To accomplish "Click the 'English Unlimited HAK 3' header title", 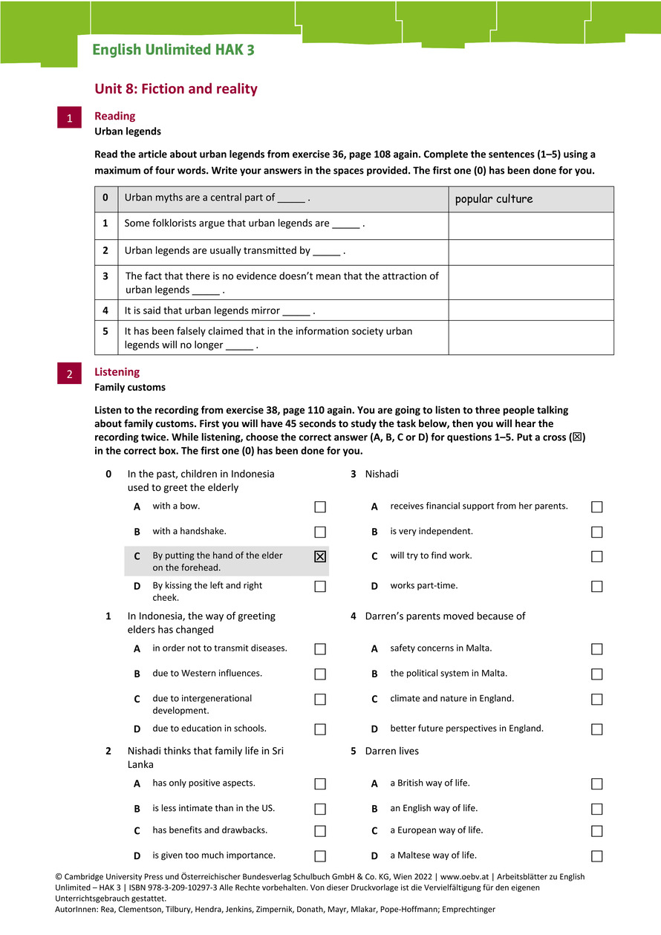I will (x=173, y=51).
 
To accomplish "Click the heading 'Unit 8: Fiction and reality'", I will (x=176, y=89).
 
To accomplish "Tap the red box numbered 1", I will (x=69, y=118).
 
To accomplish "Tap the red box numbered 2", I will (x=69, y=374).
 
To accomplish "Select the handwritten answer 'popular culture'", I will (x=494, y=199).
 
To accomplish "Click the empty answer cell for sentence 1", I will (x=531, y=226).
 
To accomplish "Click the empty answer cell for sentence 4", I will (x=531, y=310).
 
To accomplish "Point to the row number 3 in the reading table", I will (x=105, y=276).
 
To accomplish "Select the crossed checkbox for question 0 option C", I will (x=320, y=556).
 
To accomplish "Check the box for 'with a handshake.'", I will (x=320, y=532).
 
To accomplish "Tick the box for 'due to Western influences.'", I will (x=320, y=674).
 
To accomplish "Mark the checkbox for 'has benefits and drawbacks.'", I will (x=320, y=831).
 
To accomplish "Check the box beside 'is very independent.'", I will (x=597, y=532).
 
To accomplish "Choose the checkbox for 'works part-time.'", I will (x=597, y=587).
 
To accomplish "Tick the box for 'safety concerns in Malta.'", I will (x=597, y=649).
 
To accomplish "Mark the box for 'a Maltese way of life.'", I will (x=597, y=856).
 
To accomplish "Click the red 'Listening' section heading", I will (x=117, y=372).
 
